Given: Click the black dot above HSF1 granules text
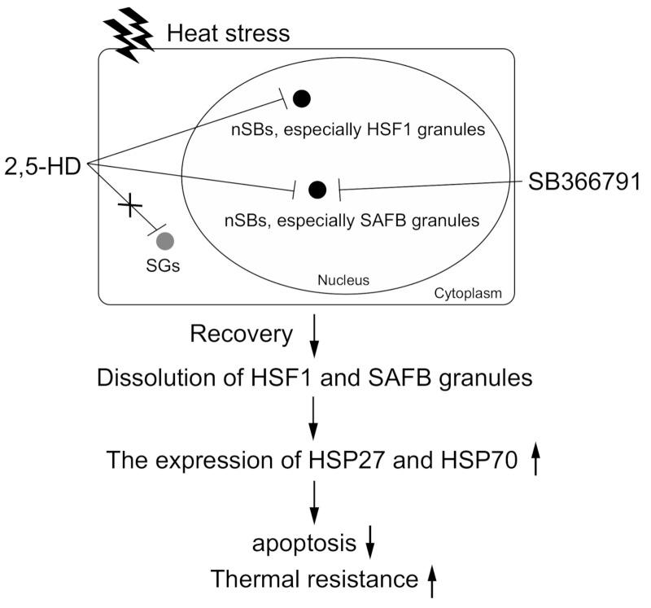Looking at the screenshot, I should pos(302,98).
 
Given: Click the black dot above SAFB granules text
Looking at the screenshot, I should pos(318,190).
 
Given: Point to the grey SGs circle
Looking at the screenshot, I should pos(165,240).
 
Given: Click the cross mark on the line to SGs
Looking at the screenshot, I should pos(129,205).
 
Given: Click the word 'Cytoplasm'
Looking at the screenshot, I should pos(478,291).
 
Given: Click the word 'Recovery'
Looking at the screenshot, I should pos(241,335).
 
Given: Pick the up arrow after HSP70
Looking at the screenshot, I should pos(536,461).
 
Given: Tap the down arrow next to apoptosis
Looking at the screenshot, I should pos(370,542).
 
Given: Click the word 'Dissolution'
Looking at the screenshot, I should pos(143,378).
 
